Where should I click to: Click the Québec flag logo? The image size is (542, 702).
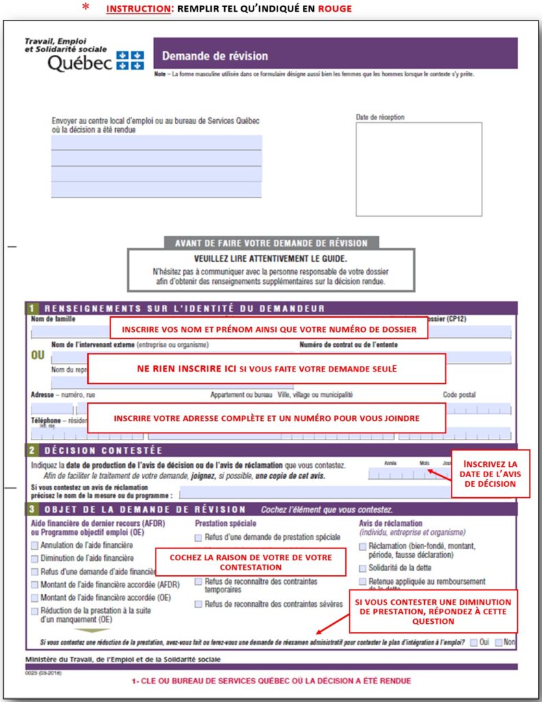coord(130,60)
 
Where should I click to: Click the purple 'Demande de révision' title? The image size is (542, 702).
coord(215,56)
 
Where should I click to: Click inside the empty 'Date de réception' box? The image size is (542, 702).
coord(418,169)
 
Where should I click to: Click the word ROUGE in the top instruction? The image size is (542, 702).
coord(335,9)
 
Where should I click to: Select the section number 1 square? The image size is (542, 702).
coord(32,308)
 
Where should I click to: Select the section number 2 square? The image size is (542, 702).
coord(32,450)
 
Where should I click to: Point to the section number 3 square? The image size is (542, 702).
coord(32,509)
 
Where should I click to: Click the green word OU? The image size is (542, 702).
coord(40,356)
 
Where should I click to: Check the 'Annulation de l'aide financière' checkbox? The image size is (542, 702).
coord(35,546)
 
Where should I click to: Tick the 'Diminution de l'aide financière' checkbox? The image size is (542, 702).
coord(35,559)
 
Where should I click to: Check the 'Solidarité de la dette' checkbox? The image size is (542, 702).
coord(363,568)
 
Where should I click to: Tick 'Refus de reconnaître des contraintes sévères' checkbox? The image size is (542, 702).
coord(199,604)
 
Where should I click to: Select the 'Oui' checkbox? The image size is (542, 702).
coord(474,642)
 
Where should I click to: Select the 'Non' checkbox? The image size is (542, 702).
coord(499,642)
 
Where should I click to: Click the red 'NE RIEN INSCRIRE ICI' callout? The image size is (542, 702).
coord(267,369)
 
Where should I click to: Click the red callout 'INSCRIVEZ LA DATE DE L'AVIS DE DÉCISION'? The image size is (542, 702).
coord(491,474)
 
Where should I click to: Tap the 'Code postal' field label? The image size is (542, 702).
coord(458,395)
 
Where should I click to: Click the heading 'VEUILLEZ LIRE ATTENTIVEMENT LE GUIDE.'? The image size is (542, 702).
coord(271,258)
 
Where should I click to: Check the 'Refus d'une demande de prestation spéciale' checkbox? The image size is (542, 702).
coord(199,537)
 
